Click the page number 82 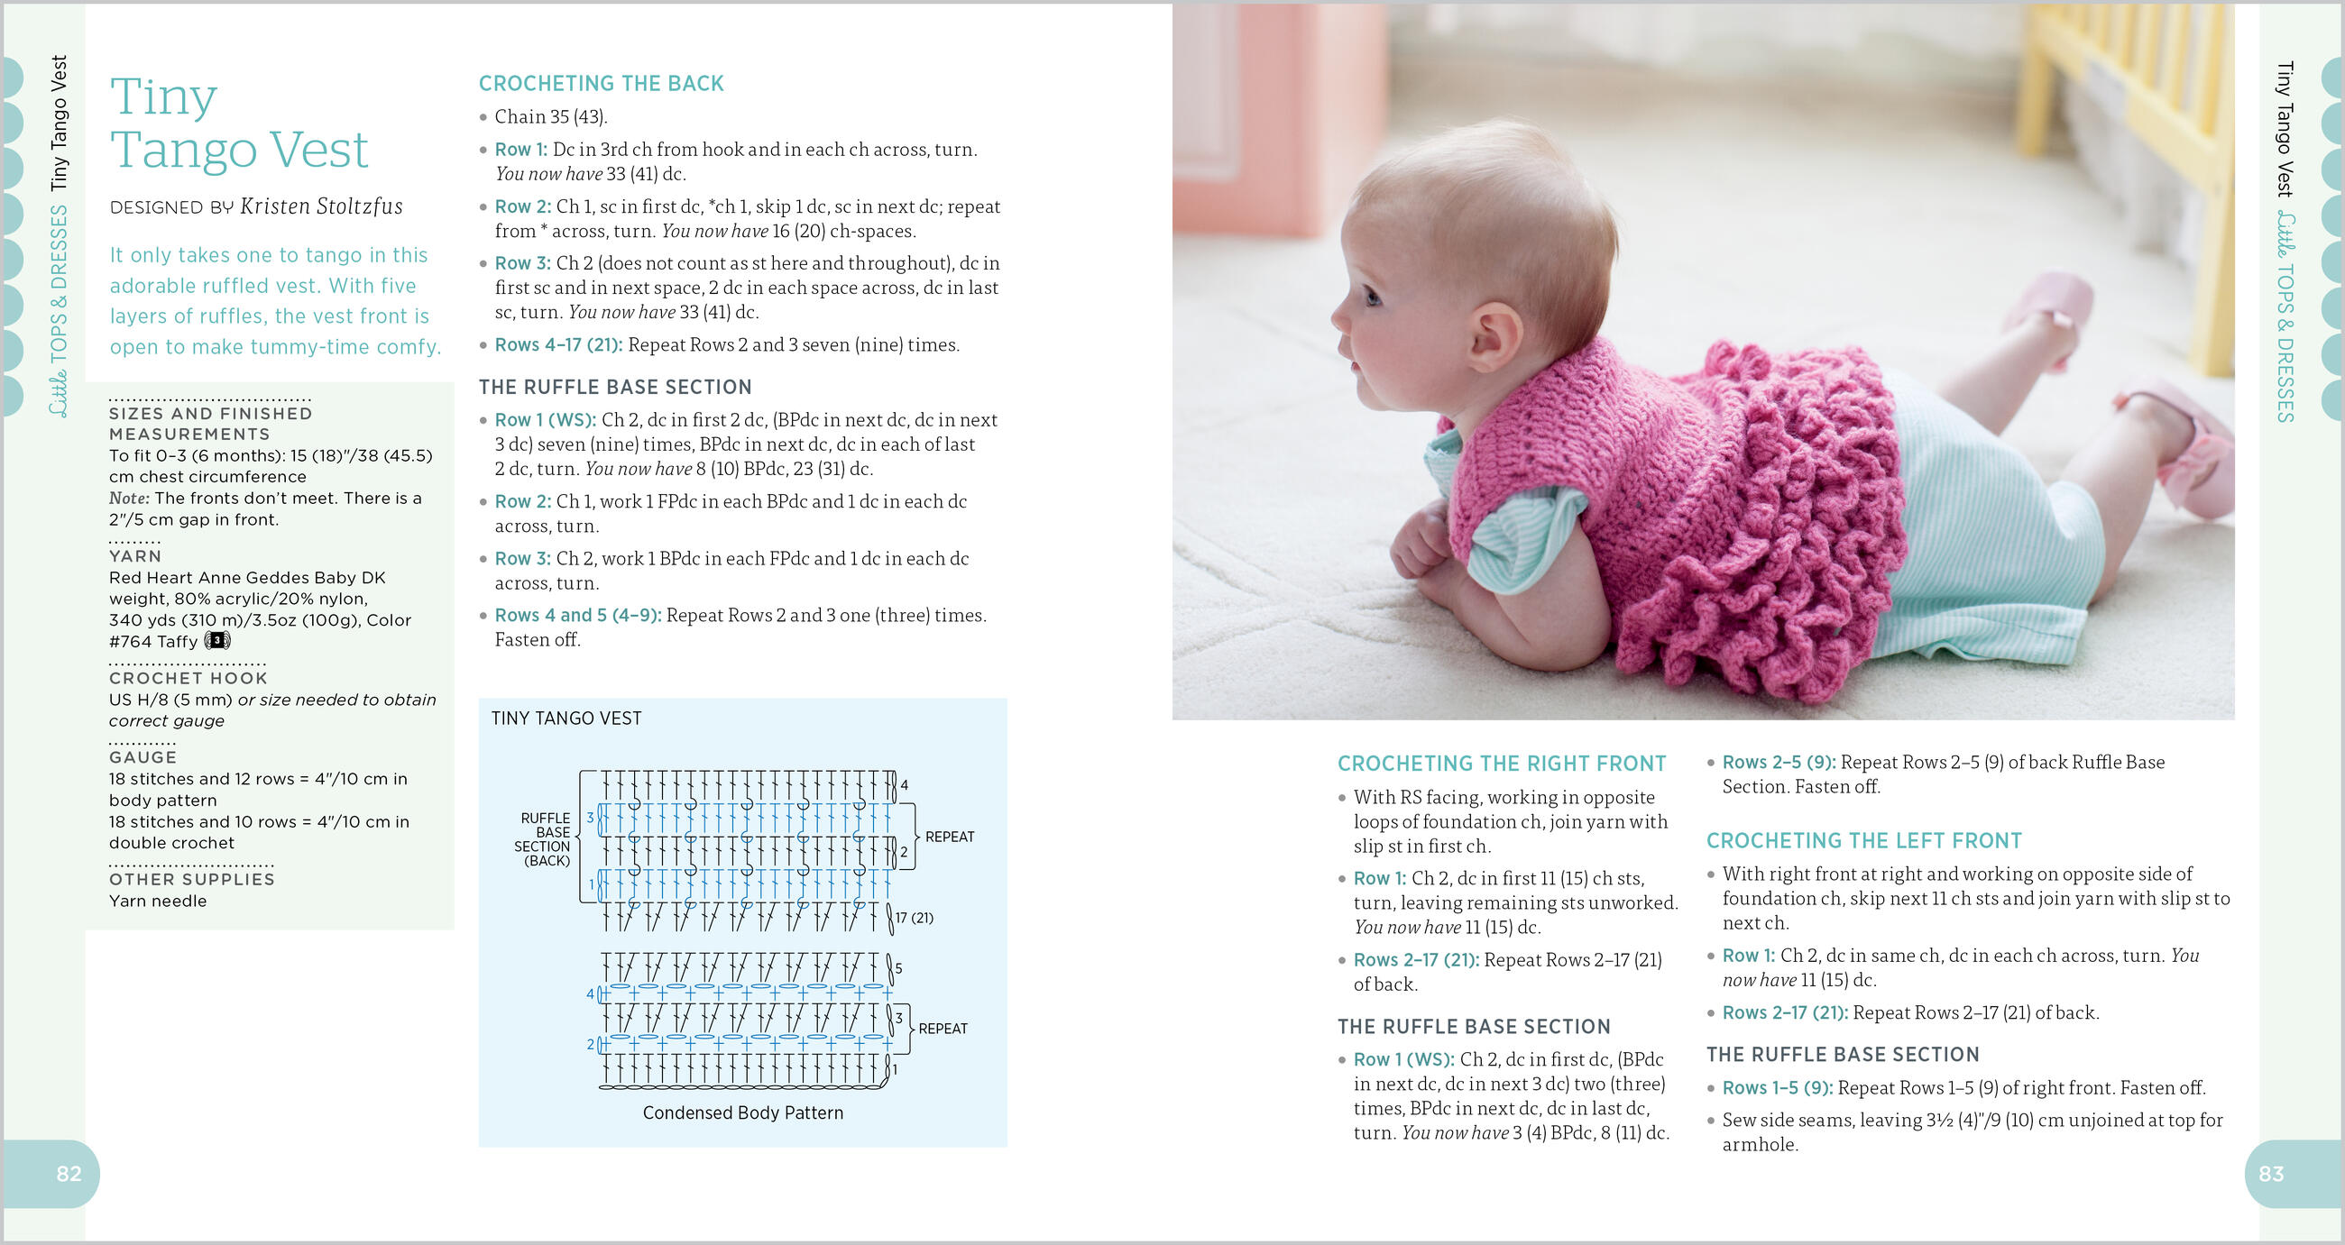point(69,1174)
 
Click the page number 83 point(2270,1174)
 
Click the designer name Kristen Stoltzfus point(320,206)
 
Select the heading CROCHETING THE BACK point(601,84)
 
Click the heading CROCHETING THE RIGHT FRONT point(1501,764)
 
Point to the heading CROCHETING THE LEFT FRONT point(1863,841)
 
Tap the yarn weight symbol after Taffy point(217,641)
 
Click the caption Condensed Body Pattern point(742,1113)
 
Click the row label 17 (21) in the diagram point(914,918)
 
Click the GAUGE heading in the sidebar point(143,757)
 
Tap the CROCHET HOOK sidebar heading point(188,678)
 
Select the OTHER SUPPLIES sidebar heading point(191,879)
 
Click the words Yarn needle point(158,901)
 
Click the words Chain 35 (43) point(550,116)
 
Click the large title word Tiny point(164,96)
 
